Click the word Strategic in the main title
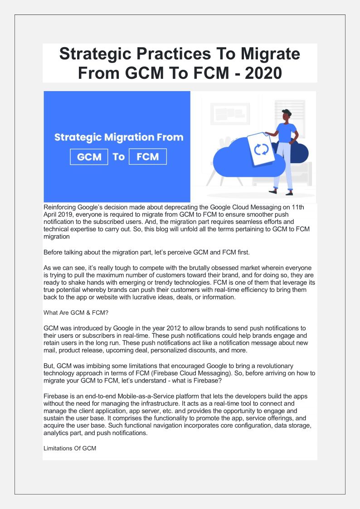(x=97, y=54)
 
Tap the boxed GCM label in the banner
(x=89, y=157)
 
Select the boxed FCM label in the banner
(x=148, y=157)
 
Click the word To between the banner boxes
(x=119, y=157)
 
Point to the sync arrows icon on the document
(x=261, y=149)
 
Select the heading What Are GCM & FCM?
(x=72, y=312)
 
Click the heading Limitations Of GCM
(x=70, y=448)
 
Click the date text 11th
(x=298, y=207)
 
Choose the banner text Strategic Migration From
(x=119, y=137)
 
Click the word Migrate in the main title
(x=265, y=54)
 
